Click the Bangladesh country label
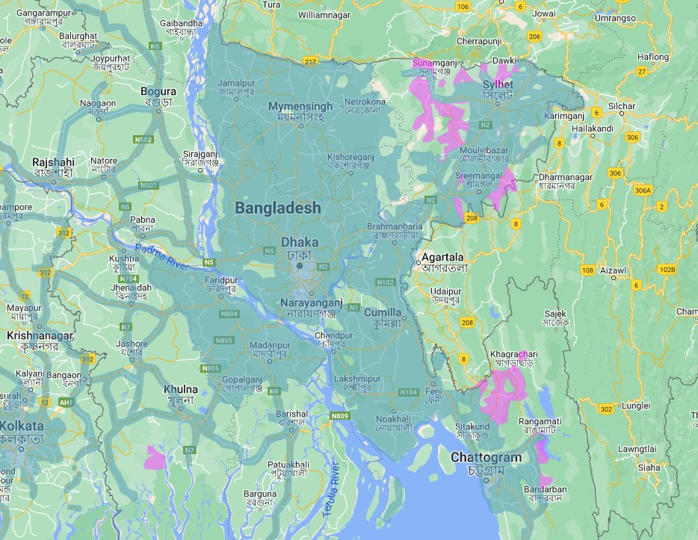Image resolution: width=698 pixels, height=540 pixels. tap(278, 208)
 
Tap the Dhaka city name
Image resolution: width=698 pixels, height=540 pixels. tap(299, 243)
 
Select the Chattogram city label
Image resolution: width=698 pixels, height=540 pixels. tap(485, 457)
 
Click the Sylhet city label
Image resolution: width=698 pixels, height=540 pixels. tap(498, 85)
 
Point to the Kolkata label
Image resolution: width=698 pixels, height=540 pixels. tap(22, 426)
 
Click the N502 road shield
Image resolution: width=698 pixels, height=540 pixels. tap(143, 140)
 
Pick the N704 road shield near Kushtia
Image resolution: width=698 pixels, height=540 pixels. tap(128, 279)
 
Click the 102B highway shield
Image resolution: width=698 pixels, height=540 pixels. tap(667, 269)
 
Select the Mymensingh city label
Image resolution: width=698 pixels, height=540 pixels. tap(300, 107)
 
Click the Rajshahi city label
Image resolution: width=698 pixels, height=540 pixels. tap(53, 162)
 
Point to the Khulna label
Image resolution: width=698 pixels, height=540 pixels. tap(181, 389)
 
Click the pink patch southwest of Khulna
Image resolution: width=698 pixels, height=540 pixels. tap(155, 456)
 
